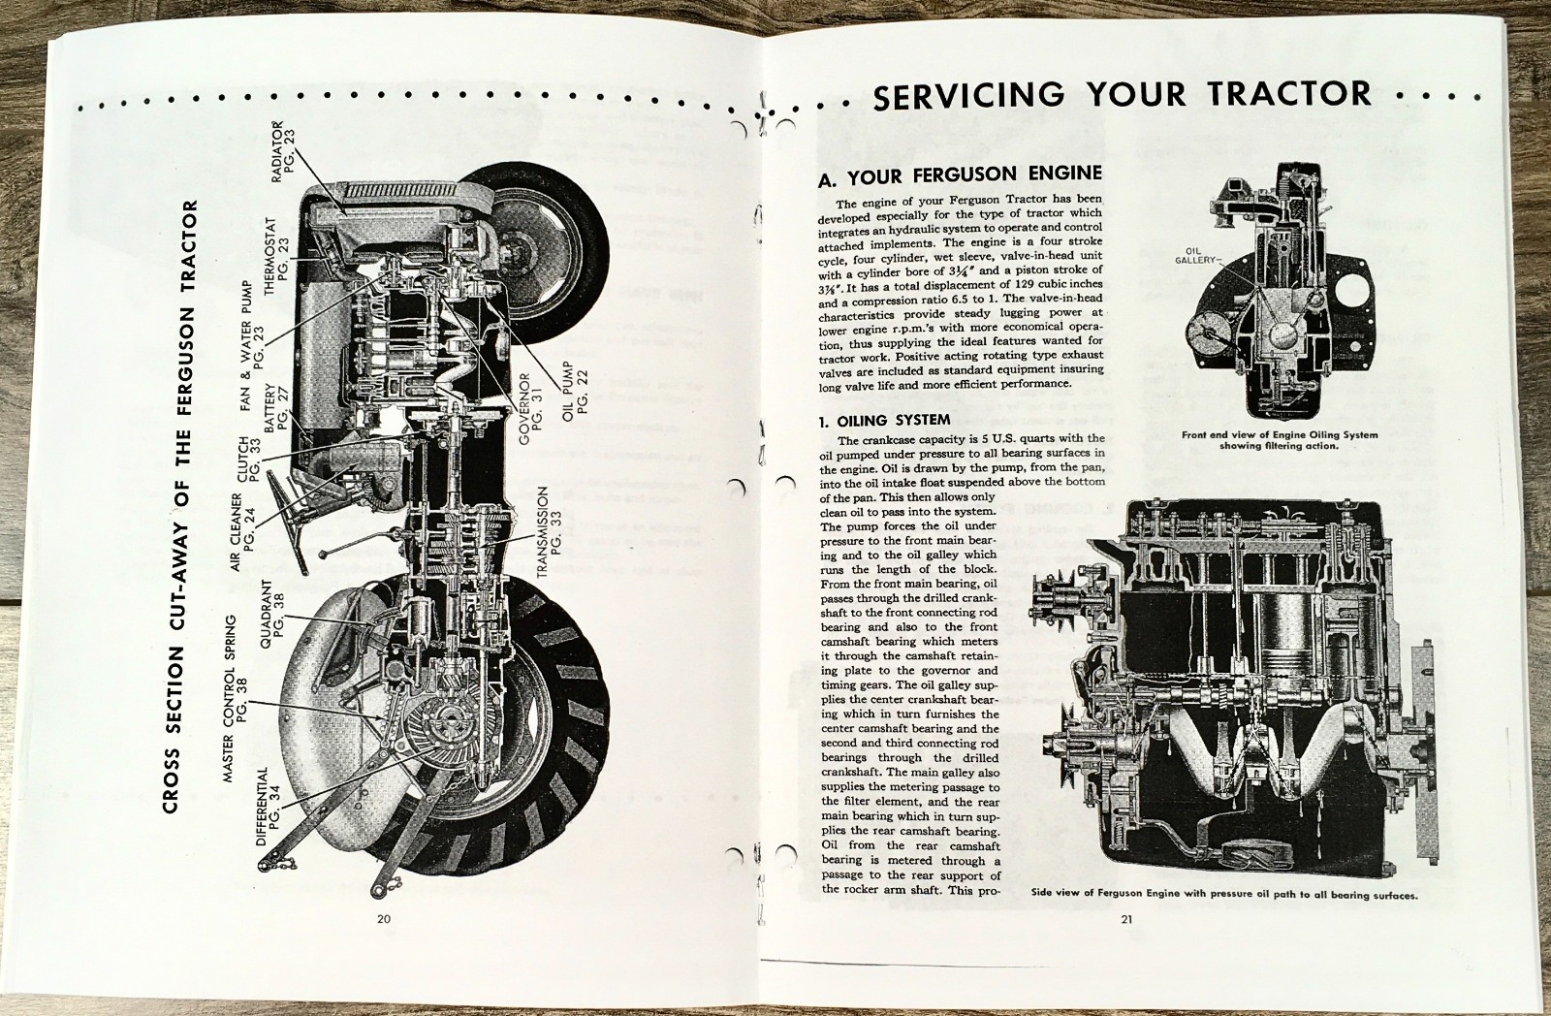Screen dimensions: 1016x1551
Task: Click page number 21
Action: (x=1125, y=921)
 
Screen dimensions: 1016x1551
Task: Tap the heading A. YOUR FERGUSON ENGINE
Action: (x=960, y=175)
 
